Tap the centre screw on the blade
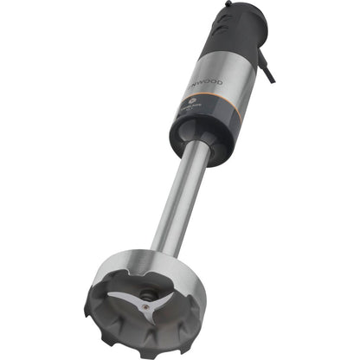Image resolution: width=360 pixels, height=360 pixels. pos(148,299)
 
